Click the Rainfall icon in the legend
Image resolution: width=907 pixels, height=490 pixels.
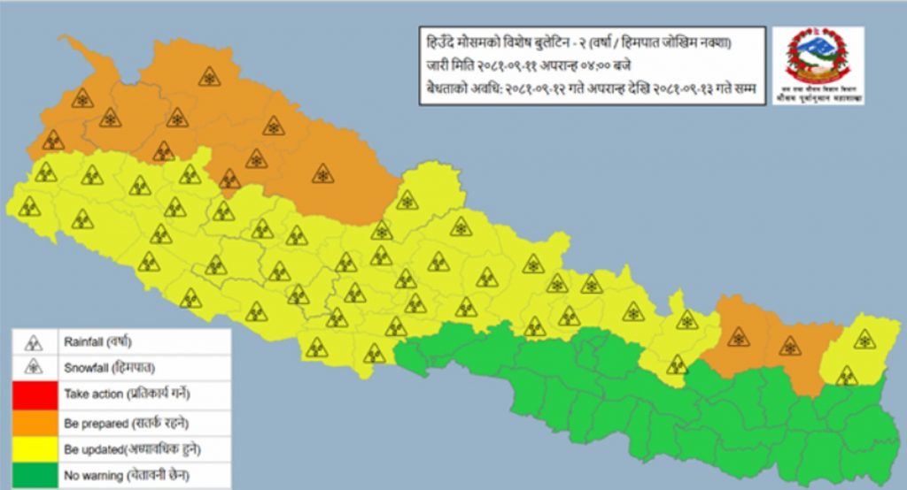[35, 341]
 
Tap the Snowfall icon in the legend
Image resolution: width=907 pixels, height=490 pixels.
[35, 366]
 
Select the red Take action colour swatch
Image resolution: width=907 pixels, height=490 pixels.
[35, 392]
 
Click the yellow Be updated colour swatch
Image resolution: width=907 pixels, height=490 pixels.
[35, 449]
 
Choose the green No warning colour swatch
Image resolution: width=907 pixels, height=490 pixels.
[35, 476]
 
